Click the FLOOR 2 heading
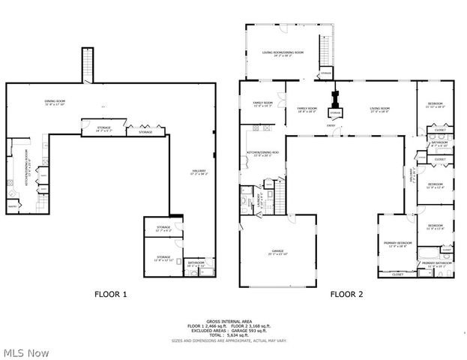tap(346, 295)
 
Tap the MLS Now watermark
tap(26, 352)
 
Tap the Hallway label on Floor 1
tap(199, 172)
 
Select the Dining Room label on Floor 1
tap(55, 100)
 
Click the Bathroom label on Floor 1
tap(195, 263)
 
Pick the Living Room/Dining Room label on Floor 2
tap(283, 52)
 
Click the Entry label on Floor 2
tap(331, 127)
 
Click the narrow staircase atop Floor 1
tap(88, 64)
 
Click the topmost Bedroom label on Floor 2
tap(436, 103)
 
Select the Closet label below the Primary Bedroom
tap(397, 274)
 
